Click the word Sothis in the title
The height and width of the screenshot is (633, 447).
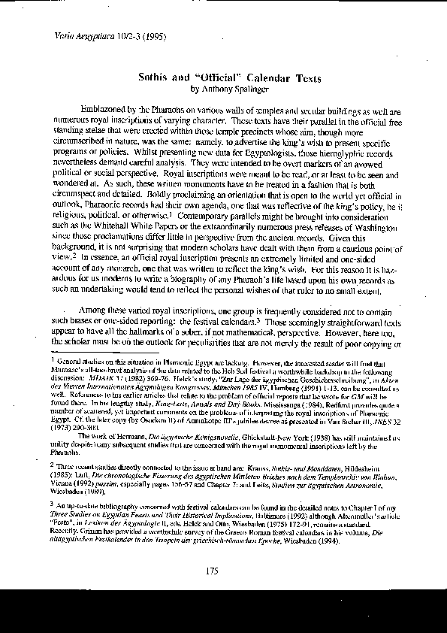point(155,77)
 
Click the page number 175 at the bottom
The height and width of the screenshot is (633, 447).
point(212,572)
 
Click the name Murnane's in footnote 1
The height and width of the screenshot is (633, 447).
point(68,371)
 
